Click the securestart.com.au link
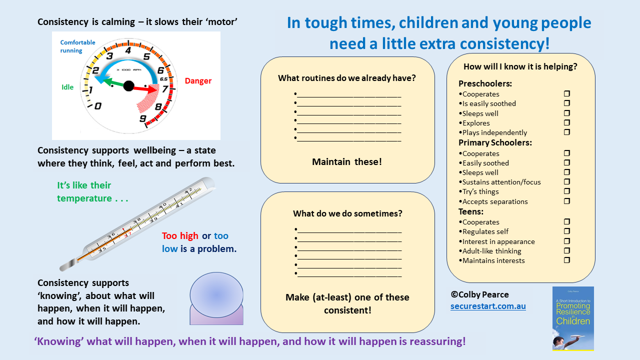tap(488, 306)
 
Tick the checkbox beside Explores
tap(567, 122)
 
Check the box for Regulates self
tap(567, 231)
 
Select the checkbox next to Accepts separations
tap(567, 201)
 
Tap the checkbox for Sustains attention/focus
tap(567, 181)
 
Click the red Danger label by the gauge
tap(198, 81)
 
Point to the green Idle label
tap(67, 87)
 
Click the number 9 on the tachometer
tap(143, 118)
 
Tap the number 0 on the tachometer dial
tap(97, 106)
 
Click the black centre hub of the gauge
tap(128, 85)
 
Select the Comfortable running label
tap(77, 46)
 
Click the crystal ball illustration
tap(216, 298)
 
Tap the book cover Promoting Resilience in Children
tap(573, 318)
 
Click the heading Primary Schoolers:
tap(495, 142)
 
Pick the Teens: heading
tap(471, 211)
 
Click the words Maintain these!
tap(347, 161)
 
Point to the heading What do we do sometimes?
tap(347, 213)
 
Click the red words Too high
tap(180, 236)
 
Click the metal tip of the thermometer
tap(68, 264)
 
